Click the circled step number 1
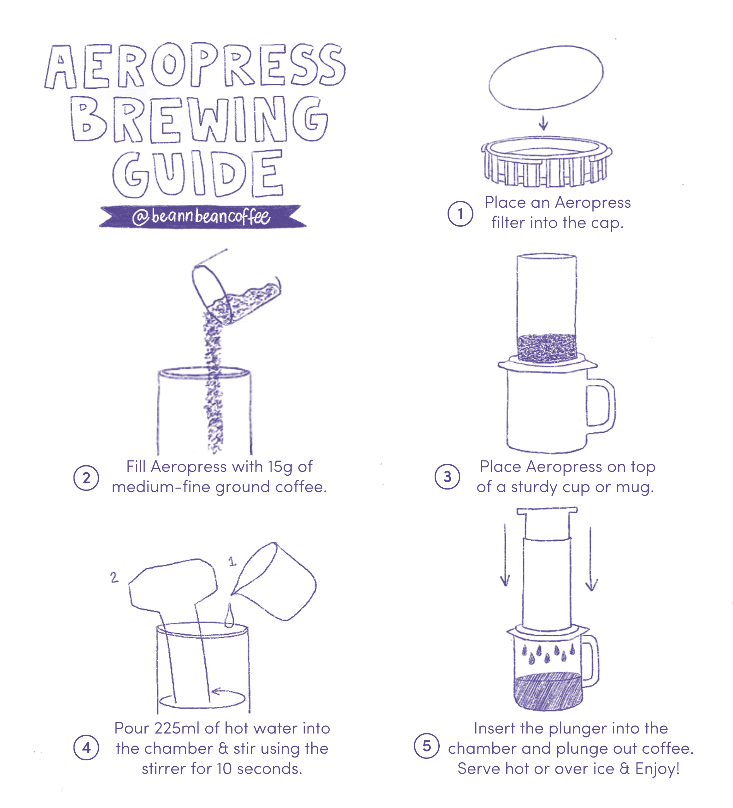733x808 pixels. pos(460,214)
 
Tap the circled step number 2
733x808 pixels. pos(86,478)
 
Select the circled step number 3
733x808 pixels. pos(448,477)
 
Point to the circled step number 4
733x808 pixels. pos(86,747)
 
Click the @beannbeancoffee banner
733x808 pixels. pos(202,217)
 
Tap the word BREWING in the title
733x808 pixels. pos(199,119)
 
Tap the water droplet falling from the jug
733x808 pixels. pos(229,615)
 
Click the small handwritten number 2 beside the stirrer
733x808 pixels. pos(114,577)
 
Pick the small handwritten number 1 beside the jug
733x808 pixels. pos(232,561)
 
